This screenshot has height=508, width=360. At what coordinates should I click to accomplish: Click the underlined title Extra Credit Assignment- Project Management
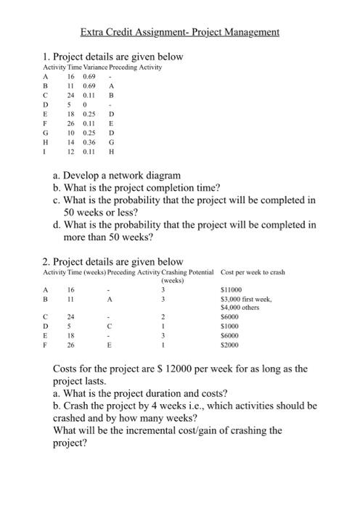[x=180, y=33]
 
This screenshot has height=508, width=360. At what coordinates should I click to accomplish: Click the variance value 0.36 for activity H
[x=90, y=143]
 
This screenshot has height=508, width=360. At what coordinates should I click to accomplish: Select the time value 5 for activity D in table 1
[x=71, y=105]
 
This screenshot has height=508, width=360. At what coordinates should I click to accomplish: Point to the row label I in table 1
[x=46, y=152]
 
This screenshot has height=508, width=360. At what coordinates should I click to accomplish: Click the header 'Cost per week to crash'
[x=252, y=272]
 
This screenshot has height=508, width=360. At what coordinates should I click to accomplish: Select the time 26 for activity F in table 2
[x=71, y=345]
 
